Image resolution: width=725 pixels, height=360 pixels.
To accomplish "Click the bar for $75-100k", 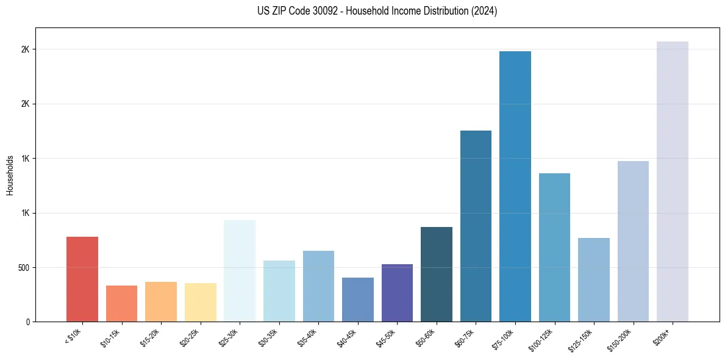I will click(515, 186).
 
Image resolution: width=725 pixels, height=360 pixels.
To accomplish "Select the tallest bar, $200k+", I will click(672, 181).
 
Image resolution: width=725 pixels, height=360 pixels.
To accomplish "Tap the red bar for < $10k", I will click(82, 279).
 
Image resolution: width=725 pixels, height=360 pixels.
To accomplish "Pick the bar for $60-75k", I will click(476, 226).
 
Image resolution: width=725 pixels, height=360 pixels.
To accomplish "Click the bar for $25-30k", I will click(240, 270).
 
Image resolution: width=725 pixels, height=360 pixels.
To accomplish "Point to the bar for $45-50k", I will click(397, 292).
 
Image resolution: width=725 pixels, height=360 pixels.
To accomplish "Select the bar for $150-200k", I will click(633, 241).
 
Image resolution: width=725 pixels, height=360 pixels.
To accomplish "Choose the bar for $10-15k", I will click(121, 303).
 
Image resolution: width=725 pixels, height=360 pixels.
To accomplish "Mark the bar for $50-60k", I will click(436, 274).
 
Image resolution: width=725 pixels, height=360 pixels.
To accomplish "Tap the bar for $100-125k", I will click(554, 247).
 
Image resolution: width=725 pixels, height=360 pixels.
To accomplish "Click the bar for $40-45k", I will click(357, 299).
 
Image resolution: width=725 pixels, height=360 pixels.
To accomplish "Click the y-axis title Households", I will click(10, 175).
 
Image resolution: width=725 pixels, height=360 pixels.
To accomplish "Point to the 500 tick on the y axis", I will click(22, 267).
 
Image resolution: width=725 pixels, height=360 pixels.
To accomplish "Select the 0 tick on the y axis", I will click(27, 322).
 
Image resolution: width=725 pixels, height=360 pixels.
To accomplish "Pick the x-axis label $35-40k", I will click(308, 338).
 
